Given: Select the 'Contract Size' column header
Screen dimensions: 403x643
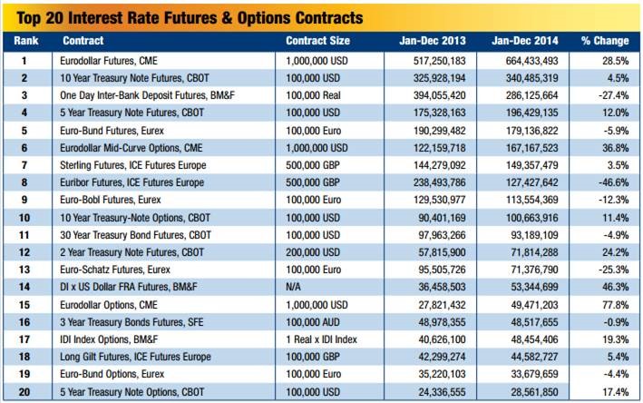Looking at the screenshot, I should [x=317, y=41].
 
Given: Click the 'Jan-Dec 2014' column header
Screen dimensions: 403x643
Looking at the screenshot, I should [x=524, y=41].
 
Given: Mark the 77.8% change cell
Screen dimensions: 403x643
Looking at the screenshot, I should [x=605, y=302].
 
